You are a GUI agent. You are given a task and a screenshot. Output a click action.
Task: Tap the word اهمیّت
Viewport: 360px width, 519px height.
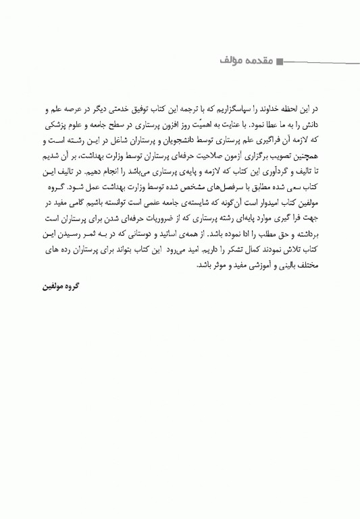210,125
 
